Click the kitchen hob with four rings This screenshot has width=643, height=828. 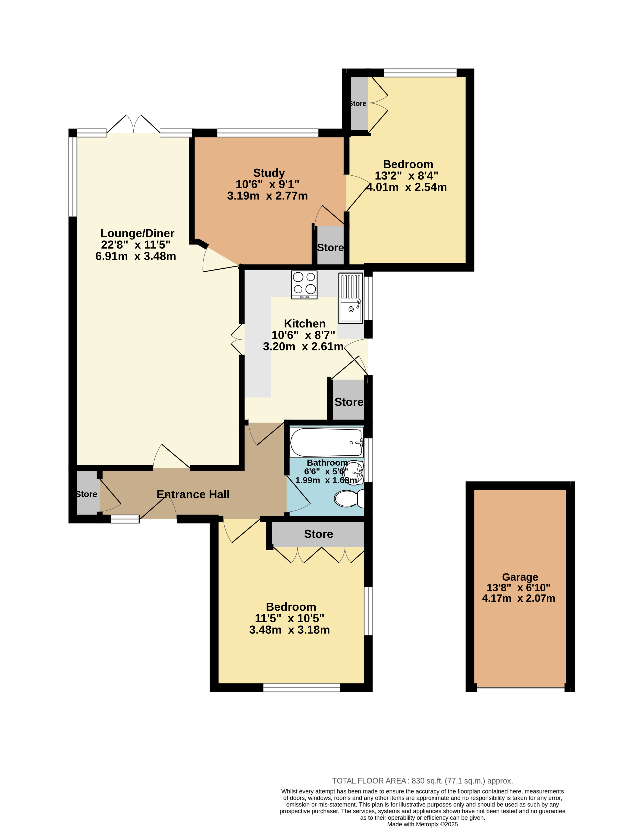pyautogui.click(x=304, y=285)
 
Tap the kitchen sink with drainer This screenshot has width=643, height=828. pyautogui.click(x=351, y=298)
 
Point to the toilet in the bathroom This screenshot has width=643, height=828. pyautogui.click(x=349, y=498)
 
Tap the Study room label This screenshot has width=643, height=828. pyautogui.click(x=269, y=173)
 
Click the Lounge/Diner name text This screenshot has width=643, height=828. pyautogui.click(x=137, y=233)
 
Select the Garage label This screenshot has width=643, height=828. pyautogui.click(x=520, y=577)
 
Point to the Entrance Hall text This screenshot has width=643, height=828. pyautogui.click(x=193, y=494)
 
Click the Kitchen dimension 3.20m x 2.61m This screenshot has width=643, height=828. pyautogui.click(x=304, y=346)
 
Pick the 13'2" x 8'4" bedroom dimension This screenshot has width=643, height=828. pyautogui.click(x=407, y=176)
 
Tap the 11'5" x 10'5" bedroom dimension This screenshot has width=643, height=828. pyautogui.click(x=289, y=618)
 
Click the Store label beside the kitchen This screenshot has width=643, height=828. pyautogui.click(x=349, y=402)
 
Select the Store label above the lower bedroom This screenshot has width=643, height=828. pyautogui.click(x=319, y=534)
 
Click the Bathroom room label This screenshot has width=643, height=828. pyautogui.click(x=327, y=463)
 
